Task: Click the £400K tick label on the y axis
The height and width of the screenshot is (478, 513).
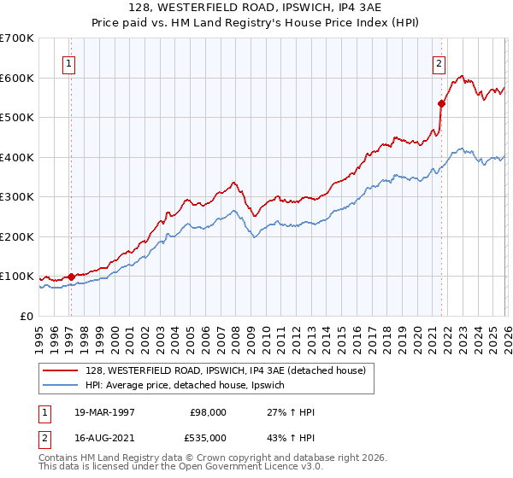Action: pos(17,157)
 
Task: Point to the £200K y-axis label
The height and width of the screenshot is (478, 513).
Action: pos(17,236)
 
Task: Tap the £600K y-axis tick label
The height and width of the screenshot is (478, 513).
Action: pos(17,78)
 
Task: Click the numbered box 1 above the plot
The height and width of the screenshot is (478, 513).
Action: pos(68,62)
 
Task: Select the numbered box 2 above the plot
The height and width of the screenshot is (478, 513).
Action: pos(439,62)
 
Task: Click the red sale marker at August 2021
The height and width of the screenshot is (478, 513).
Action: pos(441,104)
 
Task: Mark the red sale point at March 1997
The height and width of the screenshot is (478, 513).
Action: pos(72,277)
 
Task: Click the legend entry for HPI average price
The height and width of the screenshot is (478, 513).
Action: pos(190,386)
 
